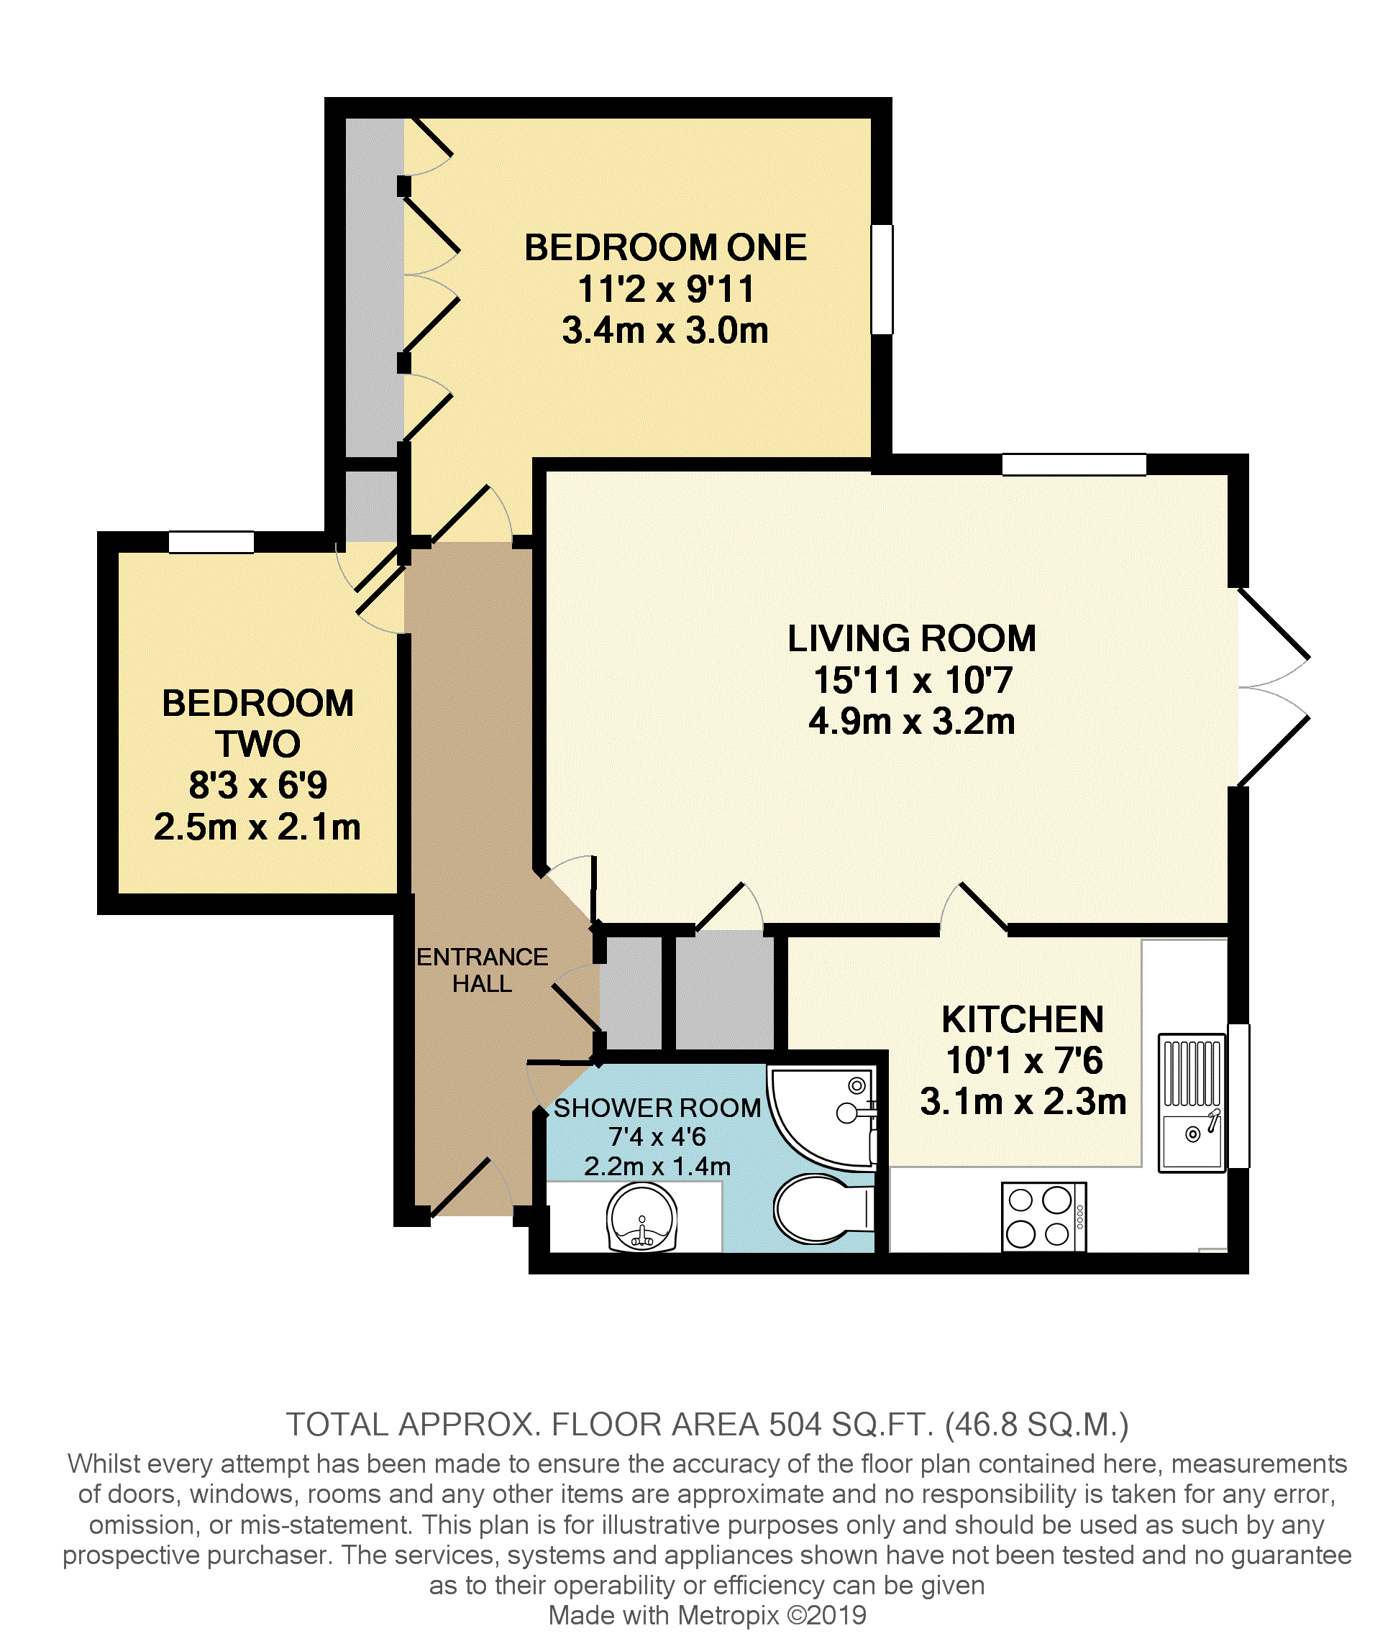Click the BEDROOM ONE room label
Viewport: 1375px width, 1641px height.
click(665, 248)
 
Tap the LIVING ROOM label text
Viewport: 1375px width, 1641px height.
click(911, 638)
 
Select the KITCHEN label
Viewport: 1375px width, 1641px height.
click(1023, 1019)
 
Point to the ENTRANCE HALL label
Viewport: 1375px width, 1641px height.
click(483, 970)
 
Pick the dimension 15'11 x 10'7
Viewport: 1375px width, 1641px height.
click(913, 680)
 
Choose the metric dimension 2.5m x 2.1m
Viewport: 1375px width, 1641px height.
click(257, 827)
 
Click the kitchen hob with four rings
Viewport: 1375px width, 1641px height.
click(1043, 1217)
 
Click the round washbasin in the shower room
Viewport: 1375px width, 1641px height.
click(641, 1218)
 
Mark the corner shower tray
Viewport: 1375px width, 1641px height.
click(823, 1118)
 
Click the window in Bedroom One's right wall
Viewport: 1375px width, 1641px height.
click(882, 280)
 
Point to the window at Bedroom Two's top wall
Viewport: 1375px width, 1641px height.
click(211, 541)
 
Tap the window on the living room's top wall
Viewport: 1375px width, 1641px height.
click(1074, 464)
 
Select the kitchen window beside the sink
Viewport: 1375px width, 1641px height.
click(1238, 1095)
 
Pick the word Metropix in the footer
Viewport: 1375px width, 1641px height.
click(728, 1614)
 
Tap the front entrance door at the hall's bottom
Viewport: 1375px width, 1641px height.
click(470, 1187)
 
